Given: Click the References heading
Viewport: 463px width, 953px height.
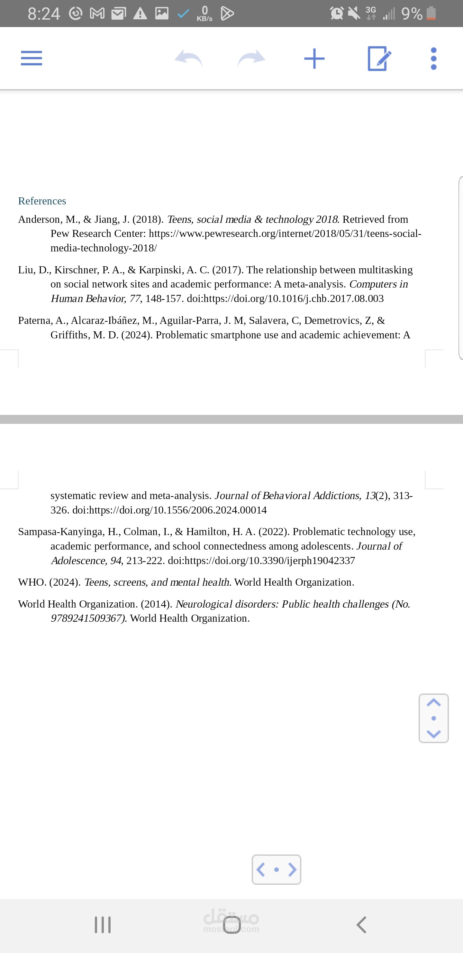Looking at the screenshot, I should tap(42, 201).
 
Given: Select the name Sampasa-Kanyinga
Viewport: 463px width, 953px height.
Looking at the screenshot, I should tap(61, 532).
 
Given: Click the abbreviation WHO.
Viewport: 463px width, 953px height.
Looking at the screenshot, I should tap(32, 582).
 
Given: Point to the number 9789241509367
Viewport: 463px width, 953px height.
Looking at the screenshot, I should tap(87, 618).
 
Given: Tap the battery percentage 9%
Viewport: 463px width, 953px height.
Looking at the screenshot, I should tap(412, 14).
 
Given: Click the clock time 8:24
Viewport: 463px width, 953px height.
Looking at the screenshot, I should tap(44, 14).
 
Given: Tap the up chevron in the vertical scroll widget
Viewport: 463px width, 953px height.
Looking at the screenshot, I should tap(433, 703).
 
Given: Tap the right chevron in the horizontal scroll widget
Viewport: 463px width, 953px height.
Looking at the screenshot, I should tap(292, 869).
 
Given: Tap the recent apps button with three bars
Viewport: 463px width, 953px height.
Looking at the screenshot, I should tap(103, 925).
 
